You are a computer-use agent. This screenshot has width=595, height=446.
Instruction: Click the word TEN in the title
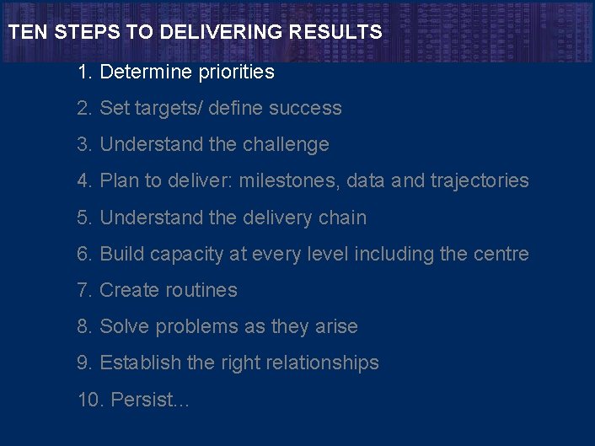click(x=24, y=33)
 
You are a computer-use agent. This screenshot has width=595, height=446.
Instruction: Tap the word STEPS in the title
click(x=74, y=33)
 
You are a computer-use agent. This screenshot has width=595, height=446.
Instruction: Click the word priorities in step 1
click(x=236, y=73)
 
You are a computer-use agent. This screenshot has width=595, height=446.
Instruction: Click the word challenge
click(x=286, y=145)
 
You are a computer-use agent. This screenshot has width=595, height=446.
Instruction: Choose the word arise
click(x=335, y=326)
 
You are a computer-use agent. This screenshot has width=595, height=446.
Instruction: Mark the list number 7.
click(x=83, y=290)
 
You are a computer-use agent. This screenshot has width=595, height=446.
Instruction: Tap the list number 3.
click(x=83, y=145)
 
